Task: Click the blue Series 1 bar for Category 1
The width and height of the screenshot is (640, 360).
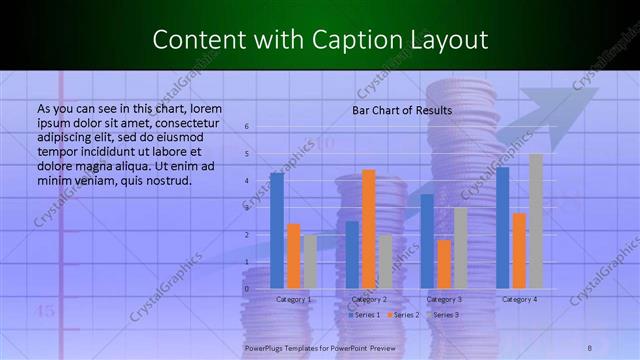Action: (x=277, y=231)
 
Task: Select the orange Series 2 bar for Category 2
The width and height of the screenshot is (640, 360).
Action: (x=369, y=229)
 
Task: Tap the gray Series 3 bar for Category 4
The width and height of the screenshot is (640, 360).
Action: (x=536, y=221)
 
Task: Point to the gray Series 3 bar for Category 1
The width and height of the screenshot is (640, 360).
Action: (x=310, y=262)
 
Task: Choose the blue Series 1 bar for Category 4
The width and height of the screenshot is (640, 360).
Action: (x=503, y=228)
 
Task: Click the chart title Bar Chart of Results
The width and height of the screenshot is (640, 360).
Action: (x=402, y=110)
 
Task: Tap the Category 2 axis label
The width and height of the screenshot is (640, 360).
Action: (x=369, y=299)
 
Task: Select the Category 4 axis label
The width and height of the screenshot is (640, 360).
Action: (x=520, y=299)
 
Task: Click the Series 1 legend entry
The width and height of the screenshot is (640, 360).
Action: (x=363, y=315)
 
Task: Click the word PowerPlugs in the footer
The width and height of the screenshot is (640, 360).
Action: (x=265, y=348)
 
